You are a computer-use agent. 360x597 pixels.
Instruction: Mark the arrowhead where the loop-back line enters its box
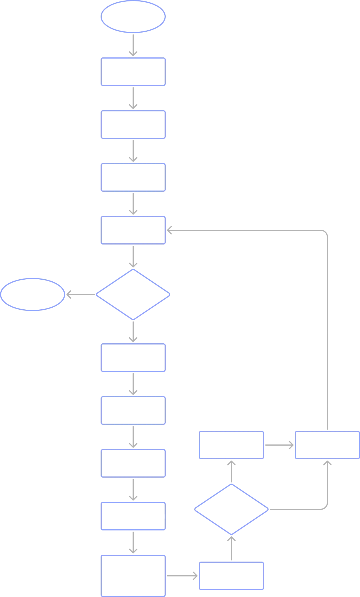click(170, 230)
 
